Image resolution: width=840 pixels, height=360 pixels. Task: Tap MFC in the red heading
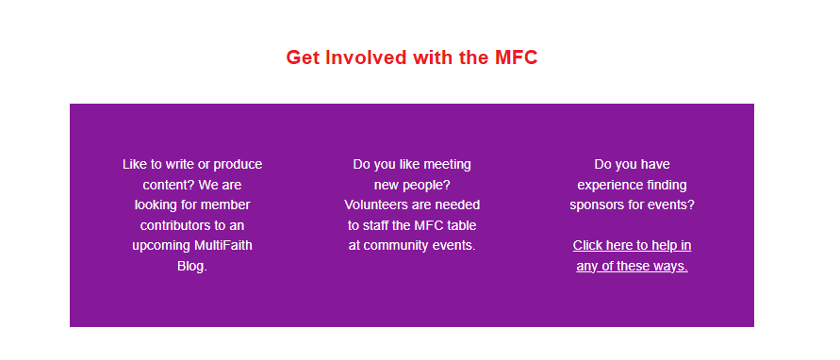[x=516, y=57]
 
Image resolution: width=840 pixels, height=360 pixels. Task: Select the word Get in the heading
[x=303, y=57]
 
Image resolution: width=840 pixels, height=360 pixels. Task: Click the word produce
[x=238, y=166]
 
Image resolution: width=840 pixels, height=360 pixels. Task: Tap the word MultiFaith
[x=222, y=246]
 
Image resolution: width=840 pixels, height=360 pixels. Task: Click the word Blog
[x=191, y=267]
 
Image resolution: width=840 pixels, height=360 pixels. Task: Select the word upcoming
[x=160, y=247]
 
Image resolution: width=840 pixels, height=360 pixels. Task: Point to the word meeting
[x=447, y=166]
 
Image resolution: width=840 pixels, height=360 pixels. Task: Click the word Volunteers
[x=375, y=205]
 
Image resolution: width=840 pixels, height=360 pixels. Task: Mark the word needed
[x=457, y=205]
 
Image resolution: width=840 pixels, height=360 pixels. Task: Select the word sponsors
[x=595, y=206]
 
